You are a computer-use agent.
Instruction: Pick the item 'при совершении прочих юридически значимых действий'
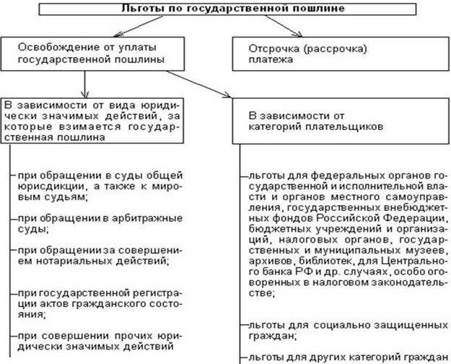pyautogui.click(x=91, y=341)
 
